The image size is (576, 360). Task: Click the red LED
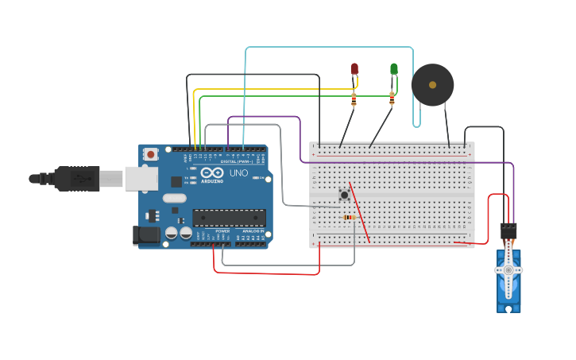coord(354,69)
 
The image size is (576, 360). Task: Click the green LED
coord(393,69)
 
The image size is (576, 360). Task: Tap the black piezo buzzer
coord(432,84)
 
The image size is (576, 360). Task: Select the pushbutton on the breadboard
coord(344,195)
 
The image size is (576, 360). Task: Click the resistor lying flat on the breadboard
coord(348,217)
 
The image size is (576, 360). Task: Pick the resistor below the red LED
coord(354,99)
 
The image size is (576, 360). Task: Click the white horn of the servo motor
coord(508,270)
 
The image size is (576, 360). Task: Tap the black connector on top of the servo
coord(508,230)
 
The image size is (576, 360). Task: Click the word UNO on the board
coord(239,172)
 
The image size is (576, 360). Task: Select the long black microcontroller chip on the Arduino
coord(229,217)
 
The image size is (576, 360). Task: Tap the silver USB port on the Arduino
coord(141,179)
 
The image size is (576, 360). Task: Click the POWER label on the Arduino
coord(222,231)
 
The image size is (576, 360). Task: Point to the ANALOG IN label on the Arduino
coord(253,231)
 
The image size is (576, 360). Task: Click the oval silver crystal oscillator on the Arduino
coord(174,198)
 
